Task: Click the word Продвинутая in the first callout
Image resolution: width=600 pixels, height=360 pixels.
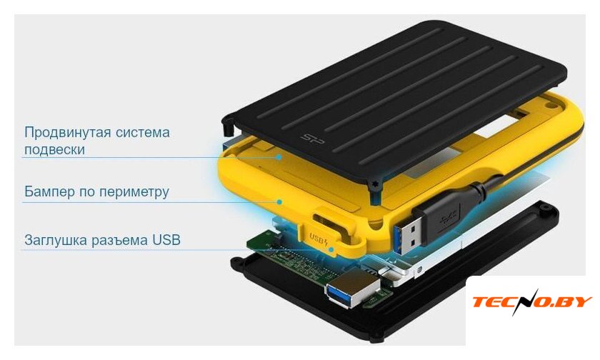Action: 68,133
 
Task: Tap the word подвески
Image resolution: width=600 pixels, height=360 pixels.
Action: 54,149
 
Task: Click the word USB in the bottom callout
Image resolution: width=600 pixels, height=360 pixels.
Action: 166,240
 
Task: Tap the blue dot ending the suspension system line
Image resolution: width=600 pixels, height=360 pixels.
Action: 280,157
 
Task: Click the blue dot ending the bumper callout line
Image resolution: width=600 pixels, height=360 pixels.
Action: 280,201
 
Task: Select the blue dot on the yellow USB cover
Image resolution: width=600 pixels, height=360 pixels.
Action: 331,250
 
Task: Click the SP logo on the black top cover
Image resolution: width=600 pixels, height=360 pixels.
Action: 313,139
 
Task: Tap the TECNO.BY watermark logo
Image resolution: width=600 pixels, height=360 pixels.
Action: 532,301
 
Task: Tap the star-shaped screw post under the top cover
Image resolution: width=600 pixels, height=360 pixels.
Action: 374,185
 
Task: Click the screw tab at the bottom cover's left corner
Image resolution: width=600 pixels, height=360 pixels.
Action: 236,264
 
